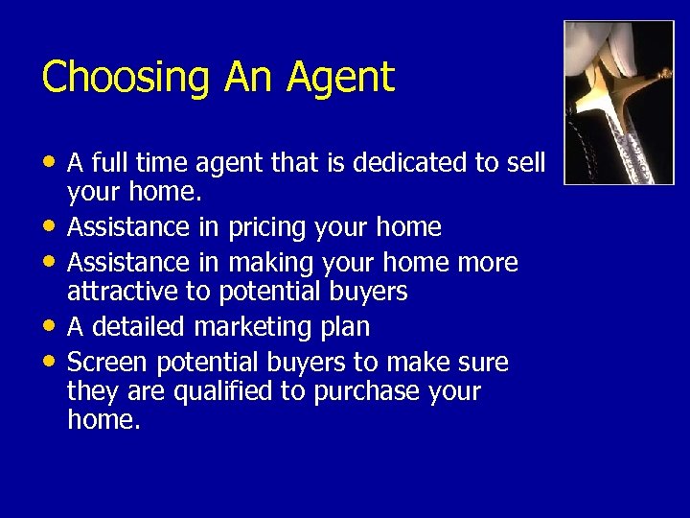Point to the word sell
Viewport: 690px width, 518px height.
[525, 164]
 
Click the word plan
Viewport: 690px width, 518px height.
[347, 327]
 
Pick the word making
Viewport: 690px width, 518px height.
[271, 263]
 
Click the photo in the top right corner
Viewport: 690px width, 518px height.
[618, 102]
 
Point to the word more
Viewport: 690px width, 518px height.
[488, 263]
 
